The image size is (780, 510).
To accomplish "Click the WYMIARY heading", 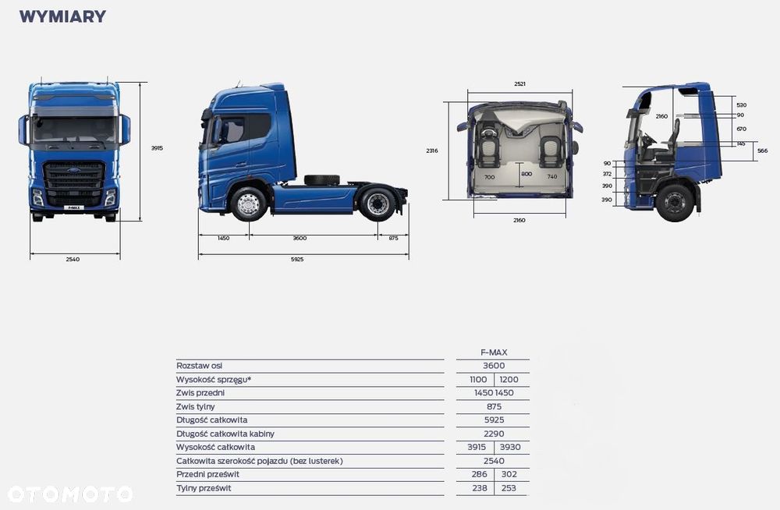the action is pyautogui.click(x=62, y=16).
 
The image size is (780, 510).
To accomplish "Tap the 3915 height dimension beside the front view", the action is pyautogui.click(x=157, y=148).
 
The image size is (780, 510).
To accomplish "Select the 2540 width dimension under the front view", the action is pyautogui.click(x=73, y=259).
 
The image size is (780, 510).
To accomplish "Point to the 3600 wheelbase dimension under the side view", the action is pyautogui.click(x=300, y=238).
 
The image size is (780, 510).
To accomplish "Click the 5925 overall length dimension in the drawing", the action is pyautogui.click(x=297, y=259).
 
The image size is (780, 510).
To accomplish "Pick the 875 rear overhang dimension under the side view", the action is pyautogui.click(x=393, y=238).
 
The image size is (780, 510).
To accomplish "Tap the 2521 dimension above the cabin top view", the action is pyautogui.click(x=519, y=84).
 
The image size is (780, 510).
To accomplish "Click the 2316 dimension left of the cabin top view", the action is pyautogui.click(x=432, y=151).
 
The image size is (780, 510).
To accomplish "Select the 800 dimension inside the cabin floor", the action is pyautogui.click(x=526, y=174).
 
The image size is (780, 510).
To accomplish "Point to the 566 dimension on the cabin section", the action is pyautogui.click(x=762, y=151).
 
